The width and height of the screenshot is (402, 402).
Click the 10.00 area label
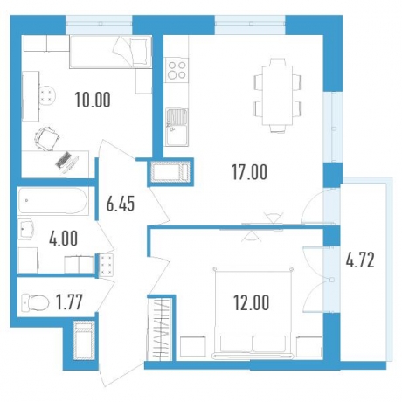(93, 100)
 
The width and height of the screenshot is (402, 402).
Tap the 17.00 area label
(249, 172)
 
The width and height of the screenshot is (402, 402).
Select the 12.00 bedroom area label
(252, 302)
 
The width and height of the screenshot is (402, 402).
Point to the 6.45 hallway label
(121, 204)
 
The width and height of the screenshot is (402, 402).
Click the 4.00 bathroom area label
(63, 238)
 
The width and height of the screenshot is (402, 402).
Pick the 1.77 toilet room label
(70, 302)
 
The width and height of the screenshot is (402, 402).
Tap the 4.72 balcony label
(360, 260)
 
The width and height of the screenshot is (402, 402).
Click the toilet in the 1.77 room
(36, 302)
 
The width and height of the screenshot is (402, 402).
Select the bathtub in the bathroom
(52, 202)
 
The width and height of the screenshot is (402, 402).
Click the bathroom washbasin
(26, 229)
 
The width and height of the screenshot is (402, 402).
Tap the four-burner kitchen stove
(177, 70)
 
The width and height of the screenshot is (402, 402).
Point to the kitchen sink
(177, 127)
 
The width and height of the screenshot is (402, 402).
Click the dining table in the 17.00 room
(277, 95)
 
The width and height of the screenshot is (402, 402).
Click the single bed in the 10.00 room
(111, 52)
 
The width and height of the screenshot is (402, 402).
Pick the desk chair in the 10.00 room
(46, 139)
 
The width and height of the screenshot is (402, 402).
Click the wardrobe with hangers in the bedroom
(160, 329)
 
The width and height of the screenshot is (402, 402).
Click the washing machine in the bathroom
(28, 260)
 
